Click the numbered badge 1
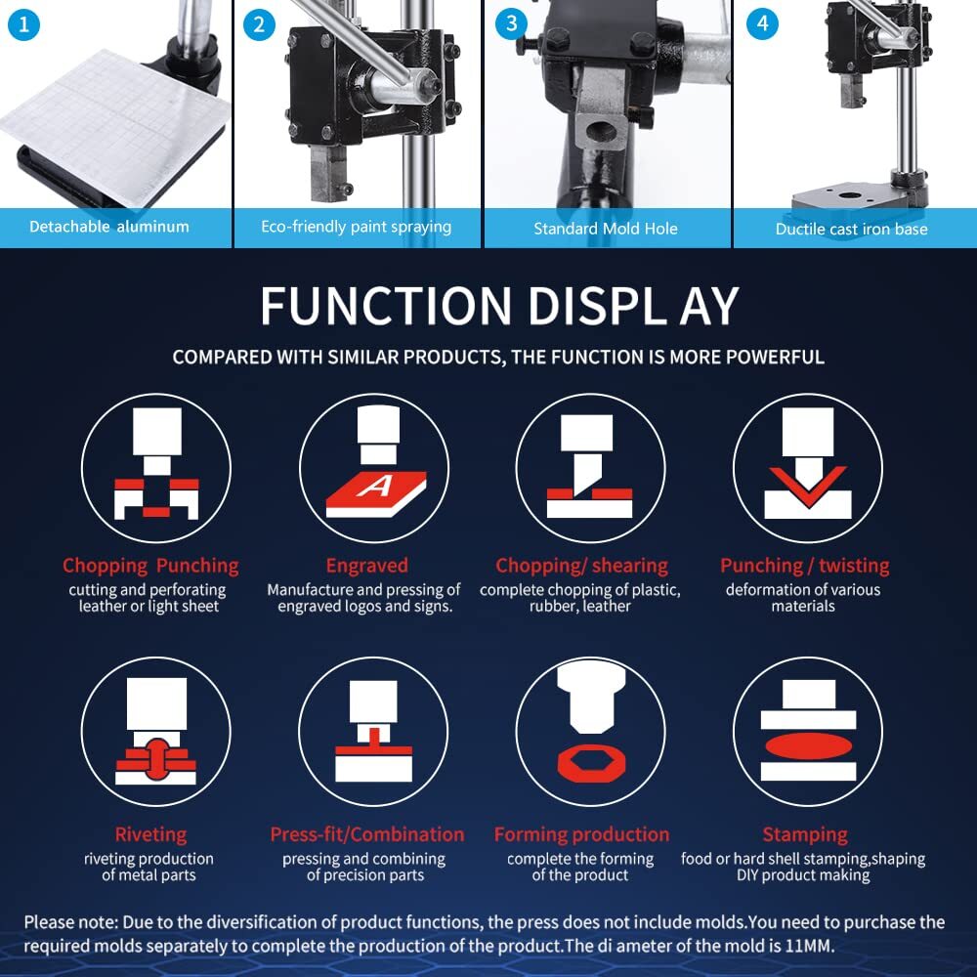[x=23, y=25]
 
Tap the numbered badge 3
[x=511, y=23]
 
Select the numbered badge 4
[x=762, y=23]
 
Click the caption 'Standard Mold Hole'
[x=605, y=229]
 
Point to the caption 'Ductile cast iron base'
[x=851, y=229]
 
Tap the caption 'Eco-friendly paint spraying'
[x=356, y=227]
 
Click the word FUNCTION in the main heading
[x=386, y=306]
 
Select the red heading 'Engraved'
[x=367, y=565]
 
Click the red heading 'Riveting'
[x=150, y=834]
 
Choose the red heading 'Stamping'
[x=805, y=834]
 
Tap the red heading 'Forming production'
[x=581, y=834]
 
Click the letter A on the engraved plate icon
[x=376, y=486]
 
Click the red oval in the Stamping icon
[x=808, y=745]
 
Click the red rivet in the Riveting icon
[x=156, y=759]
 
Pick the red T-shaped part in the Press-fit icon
[x=374, y=743]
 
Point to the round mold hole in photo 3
[x=601, y=132]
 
